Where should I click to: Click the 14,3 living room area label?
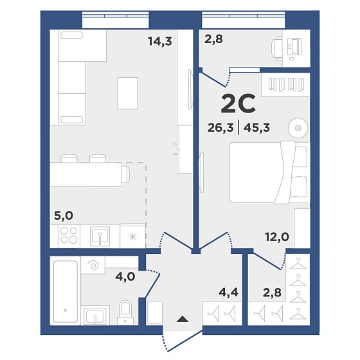pyautogui.click(x=160, y=42)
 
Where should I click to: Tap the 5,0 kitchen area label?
pyautogui.click(x=64, y=215)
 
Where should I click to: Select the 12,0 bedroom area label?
pyautogui.click(x=277, y=237)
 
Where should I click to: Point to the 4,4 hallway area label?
pyautogui.click(x=229, y=292)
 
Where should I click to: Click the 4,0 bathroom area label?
pyautogui.click(x=125, y=277)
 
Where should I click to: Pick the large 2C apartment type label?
pyautogui.click(x=238, y=104)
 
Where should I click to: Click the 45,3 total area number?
pyautogui.click(x=256, y=127)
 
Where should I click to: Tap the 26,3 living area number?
pyautogui.click(x=221, y=127)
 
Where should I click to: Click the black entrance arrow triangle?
pyautogui.click(x=183, y=319)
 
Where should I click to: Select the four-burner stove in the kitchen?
pyautogui.click(x=69, y=235)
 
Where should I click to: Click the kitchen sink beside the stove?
pyautogui.click(x=100, y=235)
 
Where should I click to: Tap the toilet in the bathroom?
pyautogui.click(x=125, y=312)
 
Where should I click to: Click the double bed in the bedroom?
pyautogui.click(x=270, y=172)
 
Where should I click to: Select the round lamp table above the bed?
pyautogui.click(x=298, y=128)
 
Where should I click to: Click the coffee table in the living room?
pyautogui.click(x=128, y=93)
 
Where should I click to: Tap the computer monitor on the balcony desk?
pyautogui.click(x=294, y=46)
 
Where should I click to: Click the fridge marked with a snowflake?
pyautogui.click(x=132, y=237)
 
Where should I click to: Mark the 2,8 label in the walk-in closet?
pyautogui.click(x=272, y=292)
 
